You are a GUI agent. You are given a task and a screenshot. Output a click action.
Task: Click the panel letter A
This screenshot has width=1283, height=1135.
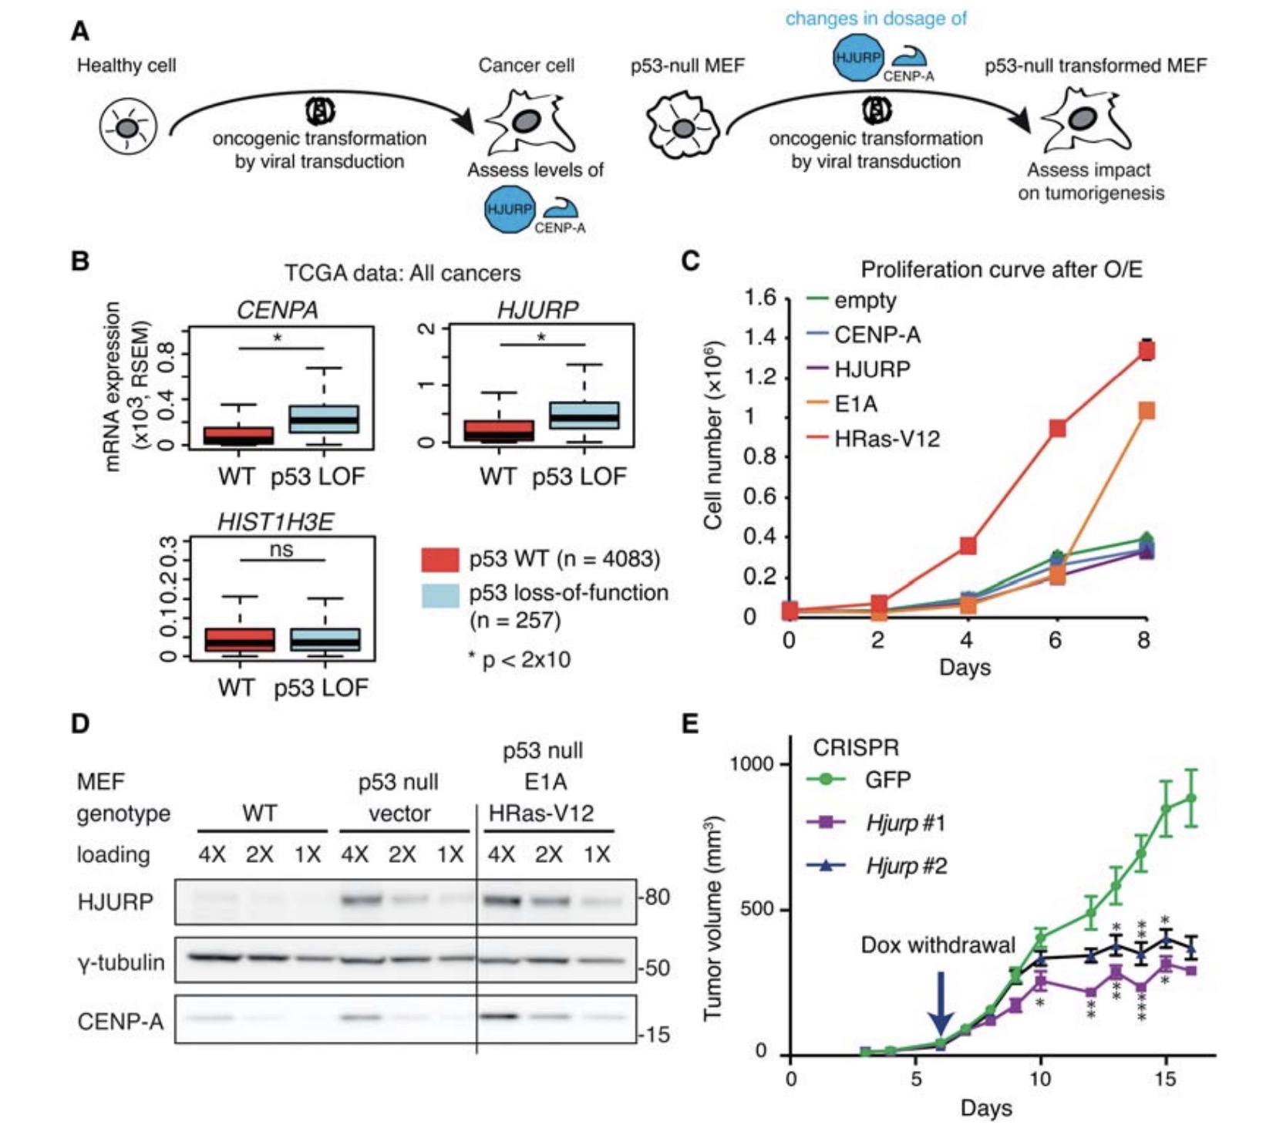(79, 31)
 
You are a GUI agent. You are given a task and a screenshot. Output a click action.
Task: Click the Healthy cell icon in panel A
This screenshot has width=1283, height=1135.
(128, 126)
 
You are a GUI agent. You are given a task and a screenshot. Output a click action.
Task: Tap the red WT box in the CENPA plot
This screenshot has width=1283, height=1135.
(237, 436)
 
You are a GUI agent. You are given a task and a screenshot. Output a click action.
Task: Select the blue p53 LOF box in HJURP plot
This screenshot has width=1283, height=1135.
(584, 416)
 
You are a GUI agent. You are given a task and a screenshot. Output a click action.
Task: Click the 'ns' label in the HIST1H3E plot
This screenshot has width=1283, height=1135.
(281, 549)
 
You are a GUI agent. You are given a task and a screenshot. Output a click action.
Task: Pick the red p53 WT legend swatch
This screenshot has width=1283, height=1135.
(440, 559)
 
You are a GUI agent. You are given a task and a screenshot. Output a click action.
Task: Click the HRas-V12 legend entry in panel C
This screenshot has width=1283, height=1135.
(887, 439)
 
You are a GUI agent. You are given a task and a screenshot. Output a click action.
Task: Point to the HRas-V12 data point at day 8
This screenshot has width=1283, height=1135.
(1147, 351)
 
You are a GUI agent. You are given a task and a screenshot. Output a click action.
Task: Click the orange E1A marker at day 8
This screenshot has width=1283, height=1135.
(1147, 410)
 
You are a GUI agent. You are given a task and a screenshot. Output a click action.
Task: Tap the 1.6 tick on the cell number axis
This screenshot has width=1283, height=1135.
(760, 298)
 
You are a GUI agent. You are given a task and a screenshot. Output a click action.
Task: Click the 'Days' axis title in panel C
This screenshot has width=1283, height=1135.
(965, 667)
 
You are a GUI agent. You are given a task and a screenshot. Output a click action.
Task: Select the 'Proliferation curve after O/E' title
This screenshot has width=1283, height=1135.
(1001, 269)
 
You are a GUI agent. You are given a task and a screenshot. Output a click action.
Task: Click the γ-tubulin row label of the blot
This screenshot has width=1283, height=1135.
(121, 962)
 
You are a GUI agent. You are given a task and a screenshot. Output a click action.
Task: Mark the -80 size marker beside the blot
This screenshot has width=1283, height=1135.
(655, 898)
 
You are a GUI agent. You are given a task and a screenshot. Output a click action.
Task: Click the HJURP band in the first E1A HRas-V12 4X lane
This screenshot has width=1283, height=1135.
(501, 899)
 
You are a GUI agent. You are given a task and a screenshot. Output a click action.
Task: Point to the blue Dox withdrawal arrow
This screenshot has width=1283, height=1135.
(940, 1002)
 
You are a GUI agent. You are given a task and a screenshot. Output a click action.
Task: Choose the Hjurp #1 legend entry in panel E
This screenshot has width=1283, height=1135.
(905, 823)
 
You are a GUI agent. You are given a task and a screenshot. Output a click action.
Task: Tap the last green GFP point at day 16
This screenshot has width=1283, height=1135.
(1191, 798)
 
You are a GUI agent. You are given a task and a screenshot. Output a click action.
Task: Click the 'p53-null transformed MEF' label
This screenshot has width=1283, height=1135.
(1095, 66)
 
